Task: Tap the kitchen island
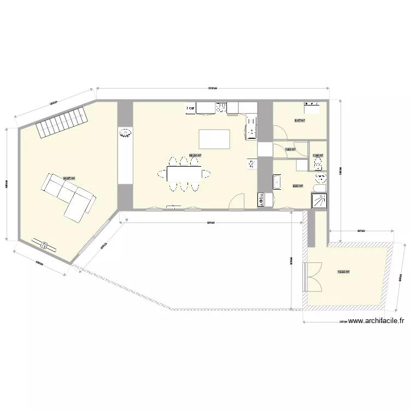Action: tap(215, 139)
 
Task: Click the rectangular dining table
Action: tap(184, 174)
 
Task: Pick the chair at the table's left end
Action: tap(162, 174)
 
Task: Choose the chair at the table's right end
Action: tap(207, 174)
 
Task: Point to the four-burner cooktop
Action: tap(222, 107)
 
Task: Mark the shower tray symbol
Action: tap(318, 201)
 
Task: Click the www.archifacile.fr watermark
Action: tap(375, 321)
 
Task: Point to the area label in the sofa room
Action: tap(68, 178)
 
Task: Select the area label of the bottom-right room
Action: tap(343, 272)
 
